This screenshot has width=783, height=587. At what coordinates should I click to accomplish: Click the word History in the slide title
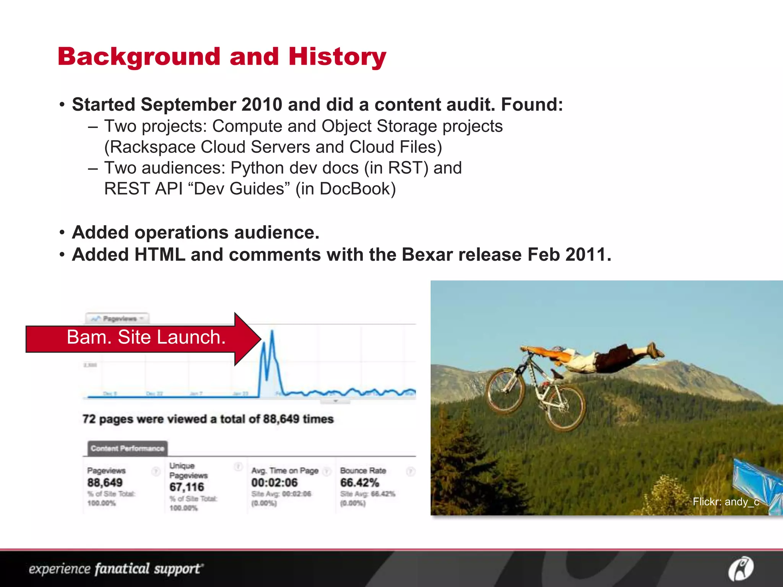[x=337, y=57]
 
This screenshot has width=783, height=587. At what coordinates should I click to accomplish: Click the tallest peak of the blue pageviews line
[x=272, y=332]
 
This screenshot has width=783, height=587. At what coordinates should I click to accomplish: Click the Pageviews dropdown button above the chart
[x=117, y=318]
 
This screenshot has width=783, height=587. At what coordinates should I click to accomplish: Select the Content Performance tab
[x=127, y=448]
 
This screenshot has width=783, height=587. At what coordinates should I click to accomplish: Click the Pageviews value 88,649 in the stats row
[x=105, y=483]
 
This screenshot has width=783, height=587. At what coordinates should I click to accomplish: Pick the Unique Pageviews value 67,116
[x=187, y=487]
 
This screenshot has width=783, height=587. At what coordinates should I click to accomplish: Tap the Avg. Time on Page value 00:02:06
[x=274, y=483]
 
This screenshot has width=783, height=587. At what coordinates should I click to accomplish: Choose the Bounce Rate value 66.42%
[x=359, y=483]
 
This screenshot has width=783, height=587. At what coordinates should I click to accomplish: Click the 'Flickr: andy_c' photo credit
[x=725, y=502]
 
